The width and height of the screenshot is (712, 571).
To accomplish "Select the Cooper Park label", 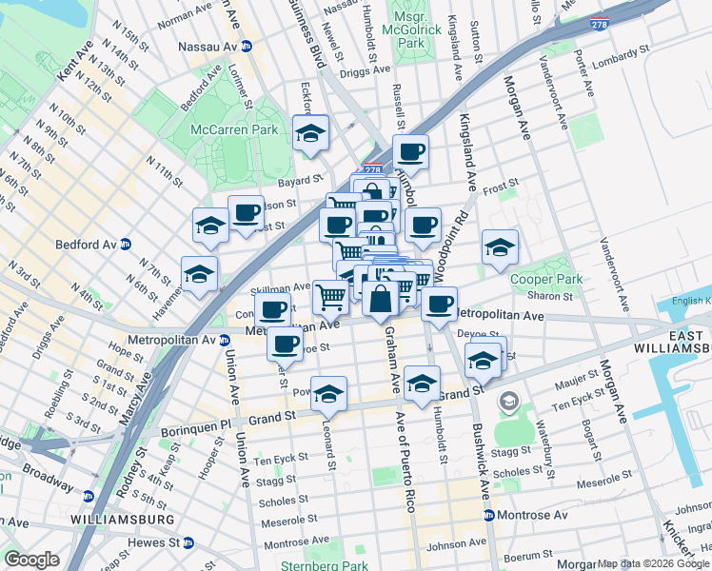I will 544,280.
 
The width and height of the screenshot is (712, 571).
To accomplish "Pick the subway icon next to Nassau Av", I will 247,46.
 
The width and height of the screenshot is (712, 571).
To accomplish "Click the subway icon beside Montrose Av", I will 488,515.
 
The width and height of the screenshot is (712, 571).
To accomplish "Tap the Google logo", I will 31,560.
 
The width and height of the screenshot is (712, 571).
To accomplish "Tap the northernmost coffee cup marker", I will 410,152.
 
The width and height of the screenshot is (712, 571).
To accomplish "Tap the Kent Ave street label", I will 73,59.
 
